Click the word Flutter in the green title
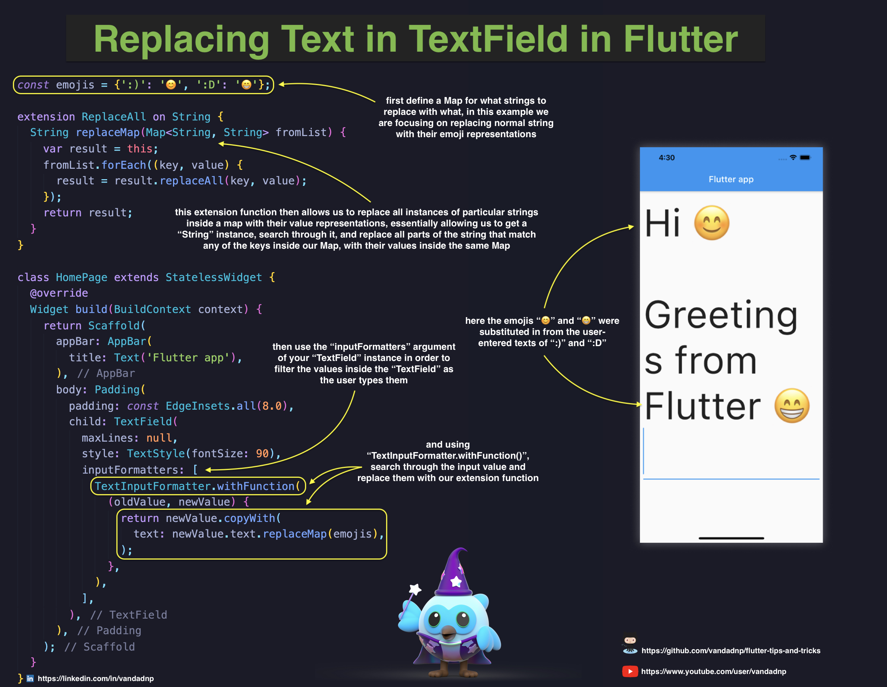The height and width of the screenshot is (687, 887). coord(680,39)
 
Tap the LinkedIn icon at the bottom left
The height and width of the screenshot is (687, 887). coord(30,678)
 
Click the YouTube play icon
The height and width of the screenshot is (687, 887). coord(630,672)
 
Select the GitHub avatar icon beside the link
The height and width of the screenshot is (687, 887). coord(630,644)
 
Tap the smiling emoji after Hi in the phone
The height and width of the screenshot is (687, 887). coord(711,223)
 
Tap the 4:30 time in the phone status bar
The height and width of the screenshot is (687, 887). coord(666,158)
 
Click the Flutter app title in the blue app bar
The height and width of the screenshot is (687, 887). coord(731,179)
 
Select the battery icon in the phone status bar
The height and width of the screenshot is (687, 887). coord(805,158)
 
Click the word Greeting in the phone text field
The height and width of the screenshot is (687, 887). coord(721,316)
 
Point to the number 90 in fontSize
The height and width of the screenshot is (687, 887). coord(262,454)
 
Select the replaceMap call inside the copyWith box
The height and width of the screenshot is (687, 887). coord(294,534)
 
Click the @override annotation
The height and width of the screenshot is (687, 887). coord(59,293)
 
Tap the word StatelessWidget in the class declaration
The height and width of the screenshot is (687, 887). coord(214,278)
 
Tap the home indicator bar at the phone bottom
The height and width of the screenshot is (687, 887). coord(731,538)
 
